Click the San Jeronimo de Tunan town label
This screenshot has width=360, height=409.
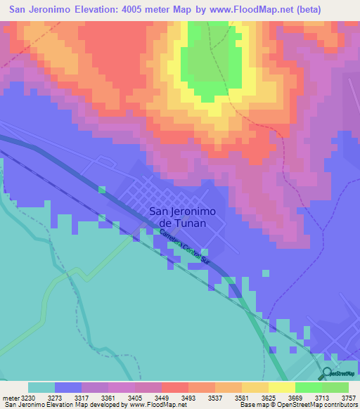(182, 216)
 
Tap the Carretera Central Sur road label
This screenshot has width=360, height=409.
(184, 247)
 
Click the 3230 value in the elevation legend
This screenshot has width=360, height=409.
(28, 398)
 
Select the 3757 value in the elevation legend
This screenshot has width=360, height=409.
(349, 398)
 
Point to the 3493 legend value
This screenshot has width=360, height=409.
(188, 398)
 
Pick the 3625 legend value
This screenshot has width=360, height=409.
(269, 398)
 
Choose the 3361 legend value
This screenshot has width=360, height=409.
(108, 398)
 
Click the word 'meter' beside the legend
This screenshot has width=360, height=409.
(10, 398)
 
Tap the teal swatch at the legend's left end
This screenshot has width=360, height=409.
(41, 387)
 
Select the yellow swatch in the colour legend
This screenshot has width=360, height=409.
(282, 387)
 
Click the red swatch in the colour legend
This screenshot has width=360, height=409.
(175, 387)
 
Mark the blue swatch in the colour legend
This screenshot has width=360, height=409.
(68, 387)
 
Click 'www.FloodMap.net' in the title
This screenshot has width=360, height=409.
(242, 10)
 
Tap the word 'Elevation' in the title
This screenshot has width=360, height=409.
(77, 10)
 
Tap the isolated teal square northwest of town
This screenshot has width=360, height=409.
(102, 190)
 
